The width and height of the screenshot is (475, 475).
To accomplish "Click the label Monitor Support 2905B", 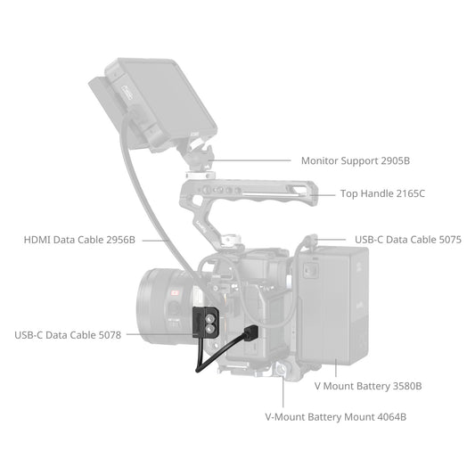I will coord(355,161).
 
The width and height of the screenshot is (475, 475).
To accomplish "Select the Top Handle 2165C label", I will coord(382,193).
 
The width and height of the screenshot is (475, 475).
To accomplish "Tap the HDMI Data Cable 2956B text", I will coord(80,240).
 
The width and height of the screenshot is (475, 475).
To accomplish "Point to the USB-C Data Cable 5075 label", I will coord(408,240).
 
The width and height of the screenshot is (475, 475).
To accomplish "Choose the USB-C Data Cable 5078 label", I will coord(67,335).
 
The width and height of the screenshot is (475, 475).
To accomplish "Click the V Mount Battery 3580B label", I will coord(368,386).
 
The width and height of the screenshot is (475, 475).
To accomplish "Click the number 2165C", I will coord(410,193).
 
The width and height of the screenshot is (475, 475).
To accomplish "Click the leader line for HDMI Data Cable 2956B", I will coord(154,240).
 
